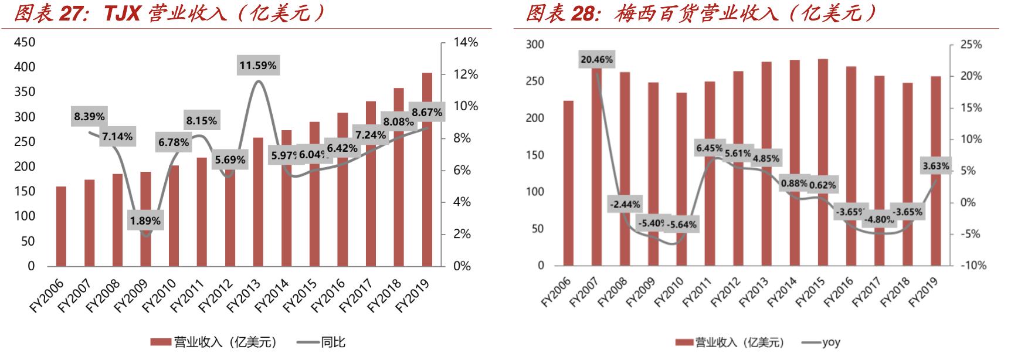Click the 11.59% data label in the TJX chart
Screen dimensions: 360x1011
pos(258,66)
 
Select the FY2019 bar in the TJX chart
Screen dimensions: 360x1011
pos(427,170)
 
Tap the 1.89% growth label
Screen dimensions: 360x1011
pos(145,221)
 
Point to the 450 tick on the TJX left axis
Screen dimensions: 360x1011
pos(24,42)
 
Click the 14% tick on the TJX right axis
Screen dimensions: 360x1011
pos(466,42)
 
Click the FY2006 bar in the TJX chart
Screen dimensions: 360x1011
pos(61,226)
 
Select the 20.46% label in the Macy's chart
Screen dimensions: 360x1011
pos(596,59)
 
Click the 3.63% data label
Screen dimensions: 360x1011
pos(935,166)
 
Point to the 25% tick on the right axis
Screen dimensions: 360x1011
pos(971,45)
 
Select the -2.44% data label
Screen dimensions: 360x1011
pos(625,205)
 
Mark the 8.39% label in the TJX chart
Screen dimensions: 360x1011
pos(89,117)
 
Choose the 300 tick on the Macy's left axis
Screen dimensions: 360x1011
pos(535,45)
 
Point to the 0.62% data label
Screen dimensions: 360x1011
pos(822,185)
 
